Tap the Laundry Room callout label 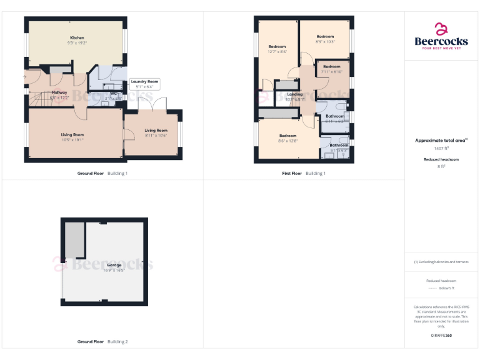click(144, 81)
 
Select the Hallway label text click(59, 92)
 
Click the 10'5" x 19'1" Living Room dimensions click(72, 140)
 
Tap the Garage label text click(114, 265)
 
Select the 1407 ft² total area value click(441, 148)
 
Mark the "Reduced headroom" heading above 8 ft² click(441, 160)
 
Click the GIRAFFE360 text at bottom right click(441, 336)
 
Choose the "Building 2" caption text click(117, 342)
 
